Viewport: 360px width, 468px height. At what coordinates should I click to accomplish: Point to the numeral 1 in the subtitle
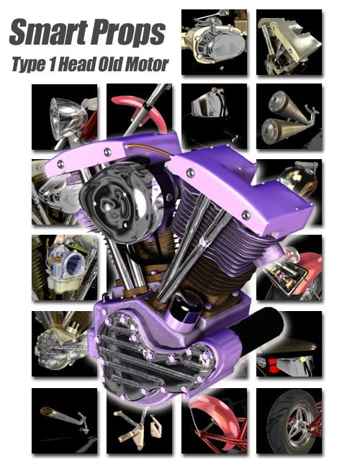tap(59, 64)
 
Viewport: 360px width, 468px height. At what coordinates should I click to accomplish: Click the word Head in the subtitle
tap(86, 64)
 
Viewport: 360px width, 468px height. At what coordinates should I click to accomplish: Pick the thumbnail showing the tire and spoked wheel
tap(289, 420)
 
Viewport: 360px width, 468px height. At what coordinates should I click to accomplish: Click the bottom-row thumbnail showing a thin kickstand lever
tap(64, 420)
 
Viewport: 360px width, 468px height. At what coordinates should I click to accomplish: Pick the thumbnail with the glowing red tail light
tap(289, 353)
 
